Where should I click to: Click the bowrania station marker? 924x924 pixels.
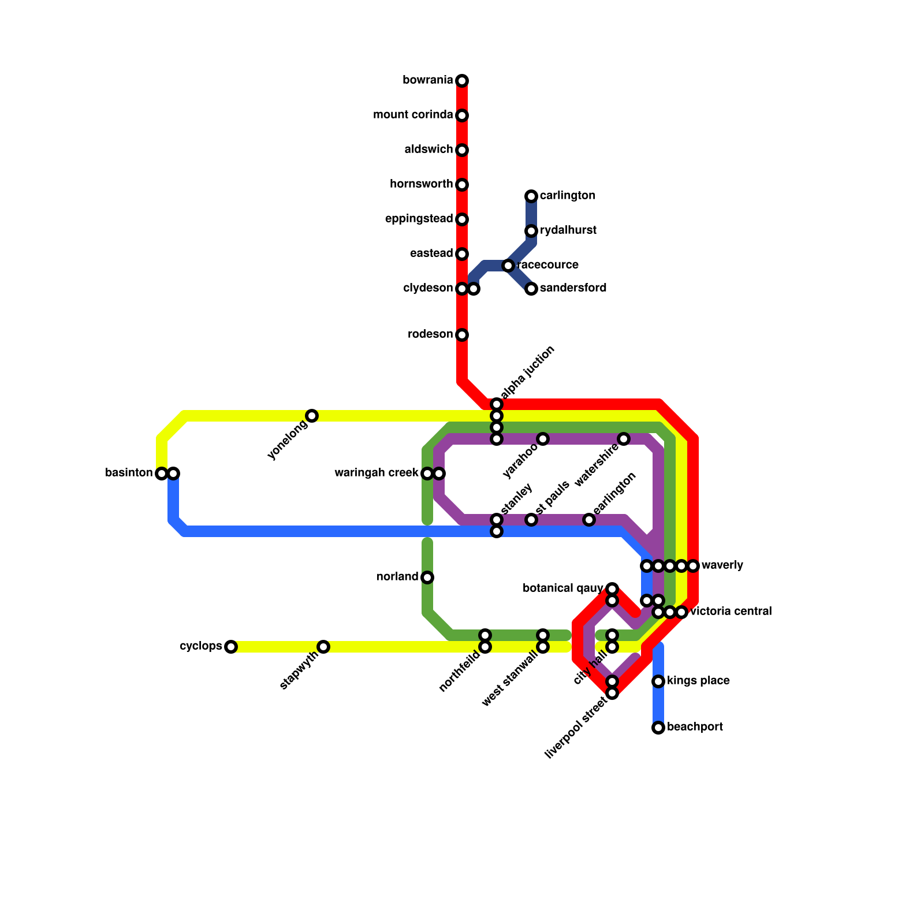point(462,81)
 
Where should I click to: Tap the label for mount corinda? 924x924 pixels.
point(413,115)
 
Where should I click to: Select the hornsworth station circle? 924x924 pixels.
point(462,185)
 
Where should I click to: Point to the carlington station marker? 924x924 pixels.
point(531,196)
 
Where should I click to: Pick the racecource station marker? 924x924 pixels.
point(508,266)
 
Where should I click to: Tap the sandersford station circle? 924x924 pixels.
point(531,289)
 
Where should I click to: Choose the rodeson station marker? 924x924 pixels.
point(462,335)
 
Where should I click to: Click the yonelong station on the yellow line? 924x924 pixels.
point(312,416)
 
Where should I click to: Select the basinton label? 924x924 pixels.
point(129,473)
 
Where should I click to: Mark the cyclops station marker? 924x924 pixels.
point(231,647)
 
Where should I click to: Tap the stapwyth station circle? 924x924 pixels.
point(323,647)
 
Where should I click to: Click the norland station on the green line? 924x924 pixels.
point(427,577)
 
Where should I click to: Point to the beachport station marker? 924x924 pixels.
point(658,728)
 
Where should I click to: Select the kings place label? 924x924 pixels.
point(698,681)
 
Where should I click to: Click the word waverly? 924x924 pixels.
point(722,565)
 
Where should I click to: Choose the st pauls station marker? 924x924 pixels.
point(531,520)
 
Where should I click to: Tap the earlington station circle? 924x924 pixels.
point(589,520)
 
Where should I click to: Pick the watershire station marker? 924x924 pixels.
point(624,439)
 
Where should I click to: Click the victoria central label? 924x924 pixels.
point(731,612)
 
